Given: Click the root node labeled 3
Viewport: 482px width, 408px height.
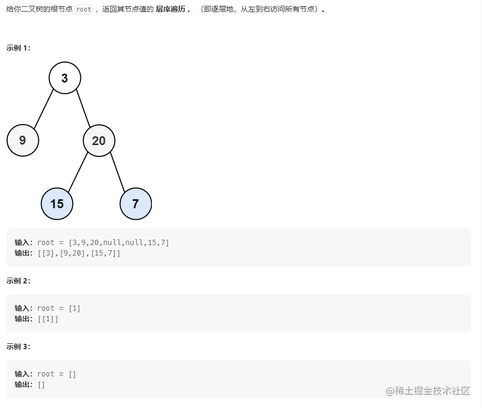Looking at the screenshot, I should click(x=65, y=78).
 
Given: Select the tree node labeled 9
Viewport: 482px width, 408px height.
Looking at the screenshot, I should click(x=23, y=140).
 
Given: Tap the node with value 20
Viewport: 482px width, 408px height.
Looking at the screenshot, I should click(x=99, y=140).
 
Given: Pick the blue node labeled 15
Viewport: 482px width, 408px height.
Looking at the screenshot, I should click(x=57, y=203).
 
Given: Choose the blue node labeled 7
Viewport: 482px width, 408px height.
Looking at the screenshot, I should click(x=136, y=203).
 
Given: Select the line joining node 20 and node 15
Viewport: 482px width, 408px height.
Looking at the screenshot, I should click(x=78, y=172).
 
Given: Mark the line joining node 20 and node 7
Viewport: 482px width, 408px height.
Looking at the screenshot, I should click(x=117, y=172).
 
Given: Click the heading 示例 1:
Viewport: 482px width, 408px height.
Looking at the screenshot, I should click(x=18, y=48).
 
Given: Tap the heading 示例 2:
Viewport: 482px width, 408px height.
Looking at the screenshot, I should click(x=18, y=281).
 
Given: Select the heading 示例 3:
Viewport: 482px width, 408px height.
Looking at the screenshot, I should click(x=18, y=346).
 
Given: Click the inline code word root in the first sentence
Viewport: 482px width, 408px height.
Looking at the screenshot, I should click(x=84, y=9).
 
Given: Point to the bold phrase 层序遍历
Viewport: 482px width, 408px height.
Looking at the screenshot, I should click(x=171, y=9).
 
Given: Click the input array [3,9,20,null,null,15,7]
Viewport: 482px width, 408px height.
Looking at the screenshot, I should click(x=119, y=242).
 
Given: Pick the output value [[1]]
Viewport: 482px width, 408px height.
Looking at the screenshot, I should click(x=48, y=319).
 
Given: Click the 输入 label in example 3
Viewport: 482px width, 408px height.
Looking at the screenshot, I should click(x=24, y=374).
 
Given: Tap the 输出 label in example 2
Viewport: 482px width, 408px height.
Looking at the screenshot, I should click(x=24, y=319).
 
